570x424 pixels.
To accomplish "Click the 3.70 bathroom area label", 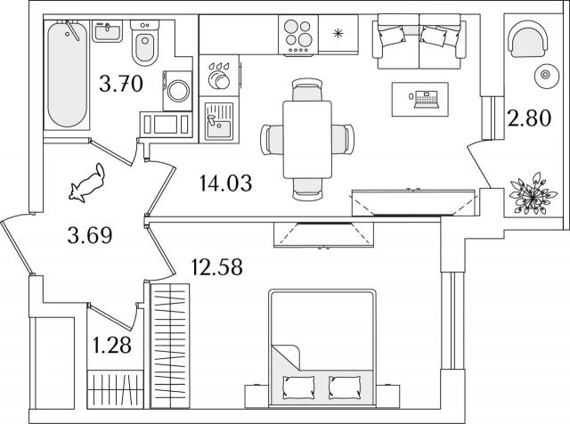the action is click(x=121, y=84).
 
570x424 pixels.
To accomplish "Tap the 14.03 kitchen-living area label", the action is click(x=225, y=183).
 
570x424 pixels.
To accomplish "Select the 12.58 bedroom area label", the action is click(x=216, y=267).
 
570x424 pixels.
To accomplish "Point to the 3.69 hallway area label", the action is click(x=90, y=235).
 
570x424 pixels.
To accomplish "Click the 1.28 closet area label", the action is click(x=112, y=345).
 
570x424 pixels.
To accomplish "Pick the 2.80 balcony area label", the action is click(x=529, y=118).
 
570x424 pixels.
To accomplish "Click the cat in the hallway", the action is click(x=87, y=183).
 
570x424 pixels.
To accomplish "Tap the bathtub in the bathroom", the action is click(x=68, y=74).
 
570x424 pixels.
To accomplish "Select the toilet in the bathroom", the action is click(x=145, y=43).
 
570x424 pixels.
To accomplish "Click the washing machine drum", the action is click(x=178, y=90).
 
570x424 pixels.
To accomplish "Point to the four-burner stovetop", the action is click(x=298, y=36).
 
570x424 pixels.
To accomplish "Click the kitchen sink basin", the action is click(x=218, y=121).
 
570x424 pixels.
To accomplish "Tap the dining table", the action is click(x=307, y=140).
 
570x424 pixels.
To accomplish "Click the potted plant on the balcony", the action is click(x=533, y=194).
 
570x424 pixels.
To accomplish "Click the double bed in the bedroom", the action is click(x=322, y=348).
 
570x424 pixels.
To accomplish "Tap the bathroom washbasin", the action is click(x=107, y=31).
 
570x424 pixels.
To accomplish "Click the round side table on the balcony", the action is click(x=545, y=75).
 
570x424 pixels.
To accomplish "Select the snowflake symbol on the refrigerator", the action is click(x=338, y=34).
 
